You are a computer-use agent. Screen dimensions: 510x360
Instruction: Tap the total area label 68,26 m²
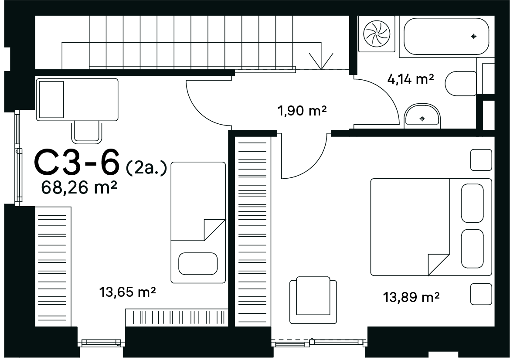(x=79, y=187)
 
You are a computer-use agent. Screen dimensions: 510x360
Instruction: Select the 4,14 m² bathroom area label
(x=411, y=78)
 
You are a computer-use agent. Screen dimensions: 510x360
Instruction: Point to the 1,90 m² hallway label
(x=302, y=111)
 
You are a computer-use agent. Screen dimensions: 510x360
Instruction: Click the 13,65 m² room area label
(x=127, y=292)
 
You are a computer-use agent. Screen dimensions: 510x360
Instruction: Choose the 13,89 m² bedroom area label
(x=411, y=297)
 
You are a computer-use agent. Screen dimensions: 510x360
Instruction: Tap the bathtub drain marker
(x=473, y=37)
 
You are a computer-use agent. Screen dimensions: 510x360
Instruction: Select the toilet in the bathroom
(x=461, y=84)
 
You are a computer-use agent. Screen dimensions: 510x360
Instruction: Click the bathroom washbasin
(x=422, y=115)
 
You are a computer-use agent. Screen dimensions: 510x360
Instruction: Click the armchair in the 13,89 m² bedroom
(x=313, y=300)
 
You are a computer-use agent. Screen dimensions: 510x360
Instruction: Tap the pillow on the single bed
(x=198, y=264)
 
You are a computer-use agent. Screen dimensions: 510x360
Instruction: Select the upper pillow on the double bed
(x=472, y=203)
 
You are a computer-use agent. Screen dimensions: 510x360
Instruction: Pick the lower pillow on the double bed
(x=472, y=248)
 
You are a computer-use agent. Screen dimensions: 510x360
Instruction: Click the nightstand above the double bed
(x=481, y=160)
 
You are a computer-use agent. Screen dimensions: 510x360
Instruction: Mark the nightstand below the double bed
(x=481, y=294)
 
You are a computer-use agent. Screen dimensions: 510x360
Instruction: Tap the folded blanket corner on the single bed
(x=214, y=230)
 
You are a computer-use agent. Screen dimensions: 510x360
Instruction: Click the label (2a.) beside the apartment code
(x=146, y=168)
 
